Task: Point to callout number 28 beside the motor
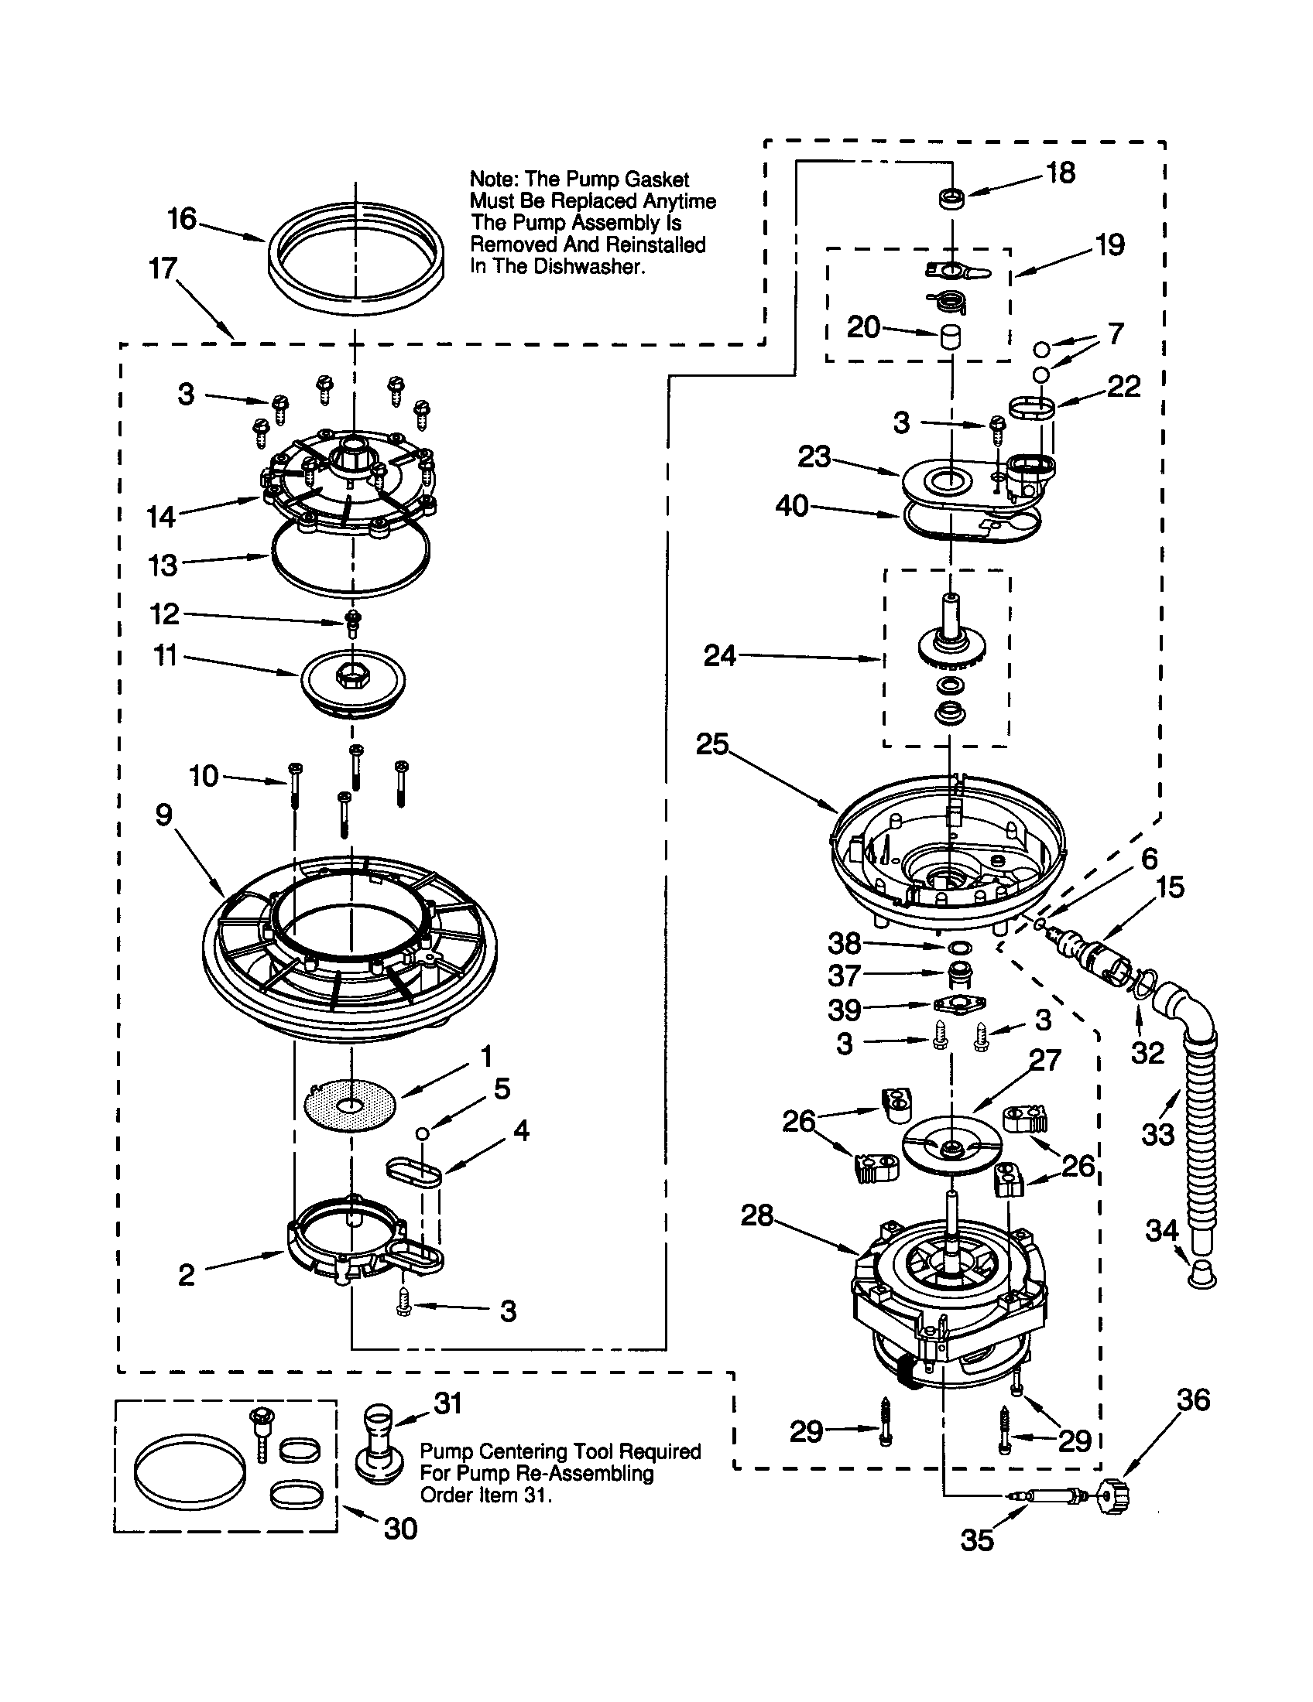[756, 1214]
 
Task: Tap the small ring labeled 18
[951, 199]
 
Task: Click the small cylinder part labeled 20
[949, 337]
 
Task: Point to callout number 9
[163, 815]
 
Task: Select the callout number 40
[792, 507]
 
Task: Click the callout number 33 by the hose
[1157, 1134]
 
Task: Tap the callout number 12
[165, 614]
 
